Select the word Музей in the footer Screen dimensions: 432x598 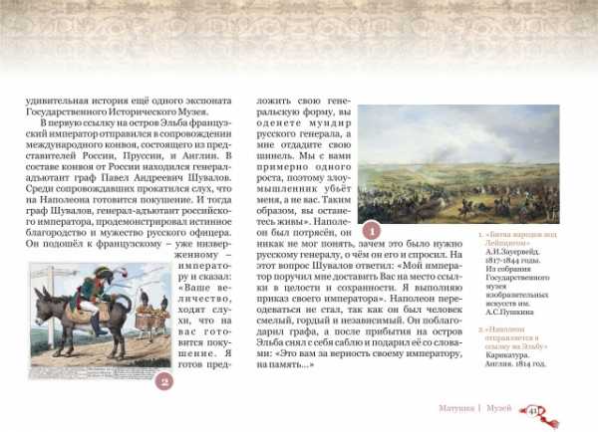tap(500, 409)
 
